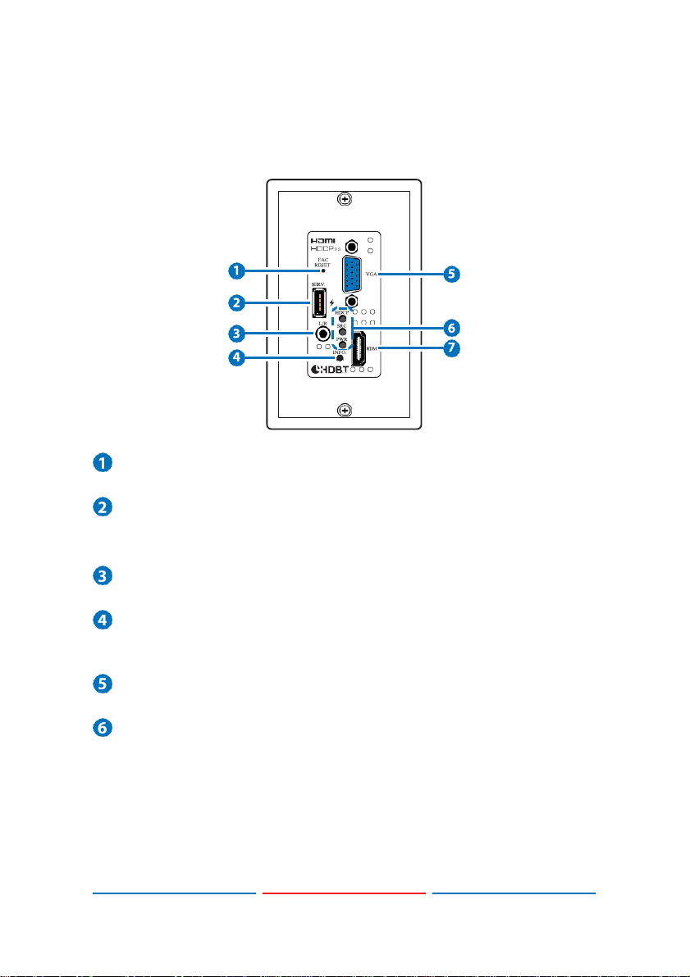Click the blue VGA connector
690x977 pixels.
pos(351,274)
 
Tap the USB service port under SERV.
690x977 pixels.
pos(318,304)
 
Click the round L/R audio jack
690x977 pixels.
pos(312,334)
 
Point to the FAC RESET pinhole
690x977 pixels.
pos(322,270)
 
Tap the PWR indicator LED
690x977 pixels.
pos(343,345)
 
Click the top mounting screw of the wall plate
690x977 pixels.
pos(345,198)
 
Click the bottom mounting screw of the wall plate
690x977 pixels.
pos(345,410)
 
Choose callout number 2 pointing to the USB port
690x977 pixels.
pos(236,302)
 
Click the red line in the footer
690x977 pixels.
pos(345,893)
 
